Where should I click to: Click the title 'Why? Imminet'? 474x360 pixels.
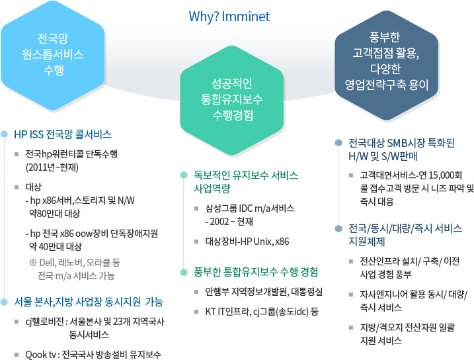pyautogui.click(x=229, y=17)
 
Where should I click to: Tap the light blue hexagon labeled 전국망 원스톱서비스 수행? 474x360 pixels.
pyautogui.click(x=53, y=55)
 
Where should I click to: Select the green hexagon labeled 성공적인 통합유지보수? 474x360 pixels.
pyautogui.click(x=232, y=100)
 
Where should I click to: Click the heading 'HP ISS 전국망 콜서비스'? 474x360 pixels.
pyautogui.click(x=63, y=134)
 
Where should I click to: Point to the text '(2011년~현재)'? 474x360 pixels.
pyautogui.click(x=52, y=167)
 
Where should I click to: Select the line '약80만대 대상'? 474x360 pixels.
pyautogui.click(x=55, y=214)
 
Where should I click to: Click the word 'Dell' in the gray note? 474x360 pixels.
pyautogui.click(x=48, y=262)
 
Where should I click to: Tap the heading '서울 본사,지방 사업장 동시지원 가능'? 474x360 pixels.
pyautogui.click(x=89, y=302)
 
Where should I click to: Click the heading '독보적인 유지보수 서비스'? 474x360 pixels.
pyautogui.click(x=246, y=175)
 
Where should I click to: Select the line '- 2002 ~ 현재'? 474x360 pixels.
pyautogui.click(x=229, y=222)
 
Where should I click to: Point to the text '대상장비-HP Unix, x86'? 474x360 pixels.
pyautogui.click(x=247, y=242)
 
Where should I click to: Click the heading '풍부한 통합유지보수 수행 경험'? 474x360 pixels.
pyautogui.click(x=256, y=272)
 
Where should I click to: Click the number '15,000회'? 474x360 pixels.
pyautogui.click(x=445, y=175)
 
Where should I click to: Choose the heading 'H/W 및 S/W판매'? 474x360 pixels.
pyautogui.click(x=383, y=156)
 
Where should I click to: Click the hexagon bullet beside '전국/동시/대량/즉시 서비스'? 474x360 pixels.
pyautogui.click(x=338, y=228)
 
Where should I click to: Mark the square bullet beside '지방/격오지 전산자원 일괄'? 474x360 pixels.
pyautogui.click(x=351, y=328)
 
